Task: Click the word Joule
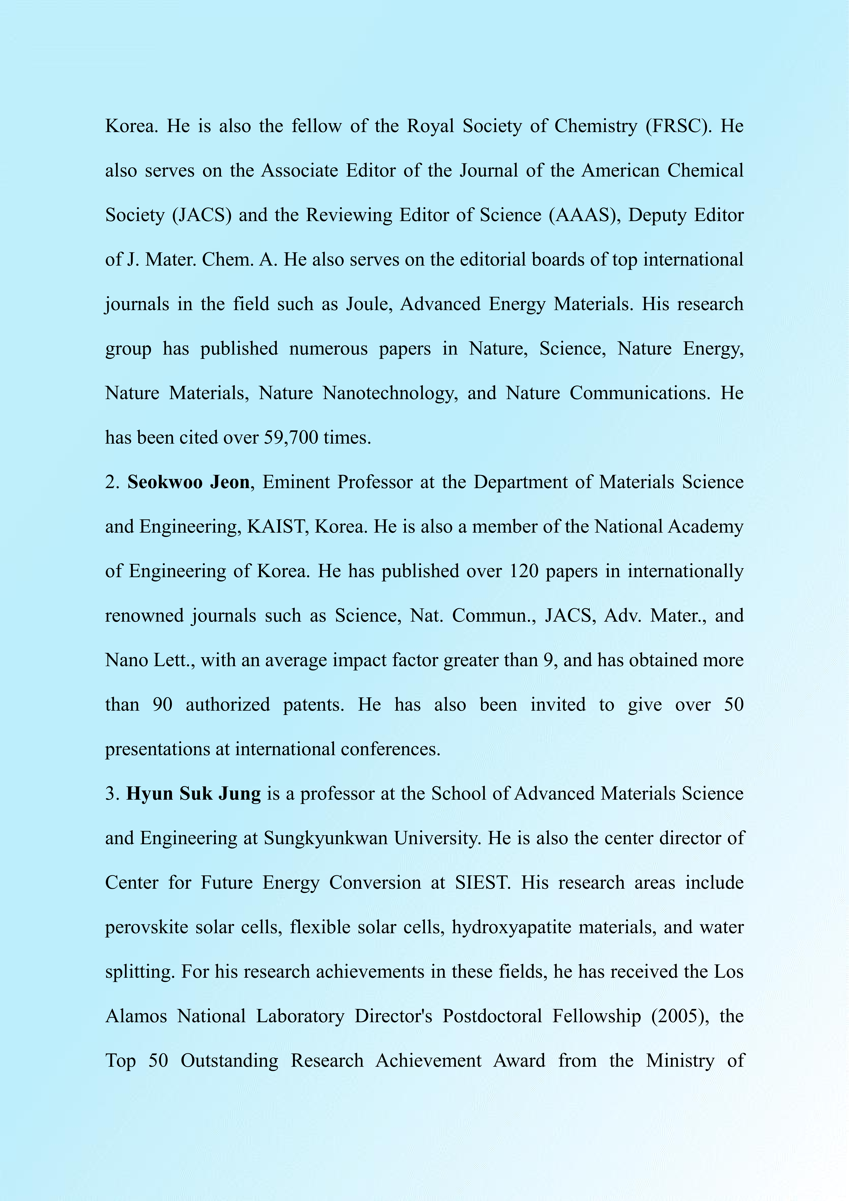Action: [369, 304]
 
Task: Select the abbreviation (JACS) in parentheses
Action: [201, 215]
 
